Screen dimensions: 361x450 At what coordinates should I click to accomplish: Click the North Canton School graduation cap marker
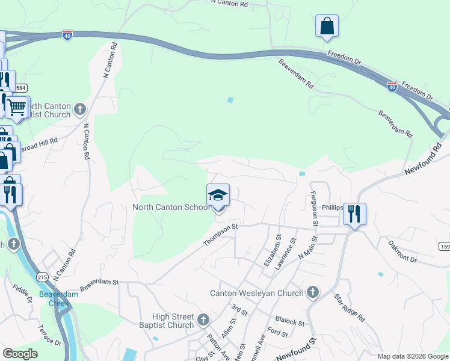pos(218,196)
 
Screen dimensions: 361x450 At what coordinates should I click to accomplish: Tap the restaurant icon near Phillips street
pos(354,214)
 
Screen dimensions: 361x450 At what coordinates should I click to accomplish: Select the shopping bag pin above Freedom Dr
pos(327,26)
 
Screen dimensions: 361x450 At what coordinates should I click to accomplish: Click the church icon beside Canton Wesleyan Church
pos(312,293)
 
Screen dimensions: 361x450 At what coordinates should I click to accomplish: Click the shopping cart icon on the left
pos(17,108)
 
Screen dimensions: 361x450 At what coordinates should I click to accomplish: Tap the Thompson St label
pos(221,235)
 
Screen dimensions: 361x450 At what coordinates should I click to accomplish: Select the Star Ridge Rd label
pos(350,308)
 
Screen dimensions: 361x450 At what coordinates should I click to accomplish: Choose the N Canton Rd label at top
pos(229,4)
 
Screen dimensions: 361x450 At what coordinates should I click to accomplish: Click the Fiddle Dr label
pos(22,292)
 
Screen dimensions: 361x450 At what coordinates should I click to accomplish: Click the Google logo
pos(20,354)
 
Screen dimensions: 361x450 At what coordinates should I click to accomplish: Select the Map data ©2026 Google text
pos(412,356)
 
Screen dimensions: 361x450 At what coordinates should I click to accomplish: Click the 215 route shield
pos(42,277)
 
